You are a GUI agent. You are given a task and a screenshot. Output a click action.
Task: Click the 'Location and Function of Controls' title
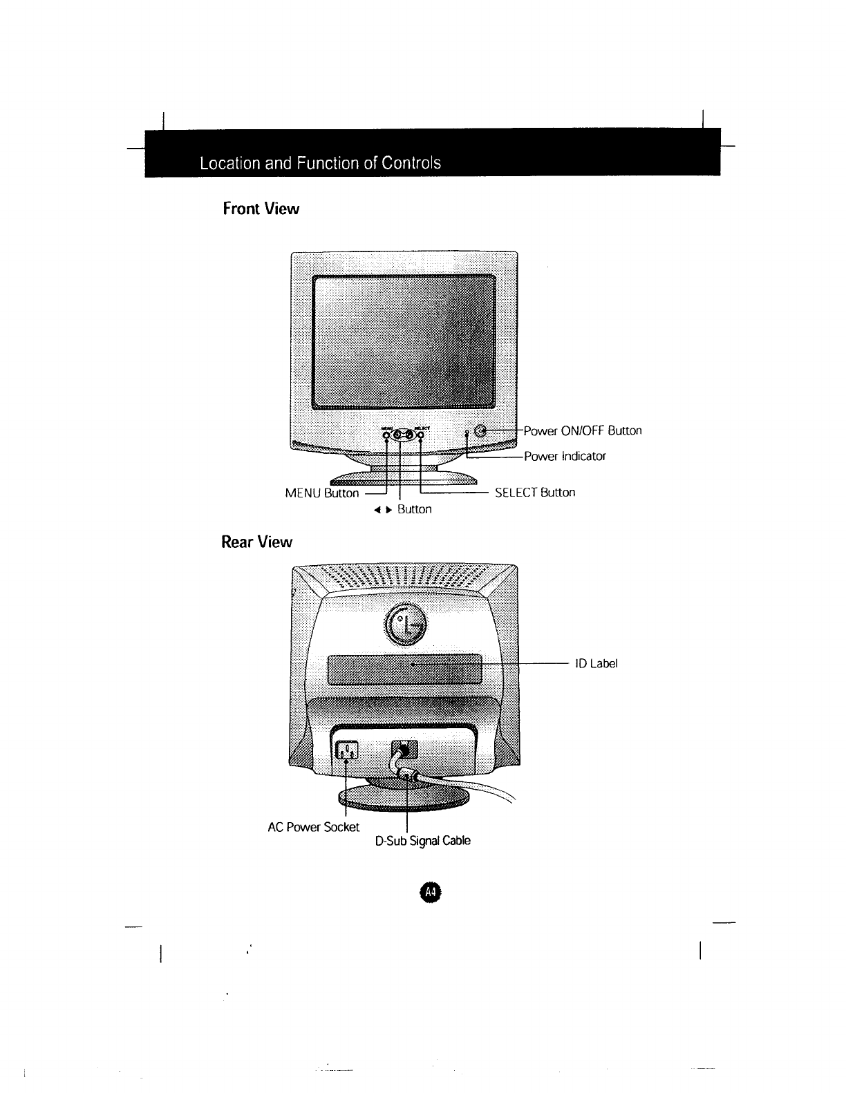tap(319, 164)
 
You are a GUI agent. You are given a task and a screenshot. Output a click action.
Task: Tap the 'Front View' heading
tap(261, 209)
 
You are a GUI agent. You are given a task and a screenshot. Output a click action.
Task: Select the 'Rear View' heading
tap(256, 542)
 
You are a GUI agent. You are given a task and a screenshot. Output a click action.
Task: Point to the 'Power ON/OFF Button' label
tap(583, 431)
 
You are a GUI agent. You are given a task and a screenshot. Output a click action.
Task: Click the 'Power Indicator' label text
tap(565, 456)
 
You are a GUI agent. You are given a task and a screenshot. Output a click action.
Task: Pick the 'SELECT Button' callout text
tap(535, 493)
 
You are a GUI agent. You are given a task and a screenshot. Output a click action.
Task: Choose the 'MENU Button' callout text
tap(322, 493)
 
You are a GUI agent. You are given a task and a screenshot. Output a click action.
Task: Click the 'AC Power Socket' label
tap(313, 827)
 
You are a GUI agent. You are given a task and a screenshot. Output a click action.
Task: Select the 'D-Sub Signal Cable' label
tap(422, 841)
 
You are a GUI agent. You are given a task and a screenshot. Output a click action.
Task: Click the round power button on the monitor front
tap(482, 431)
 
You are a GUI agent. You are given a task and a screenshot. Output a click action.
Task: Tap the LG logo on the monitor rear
tap(406, 625)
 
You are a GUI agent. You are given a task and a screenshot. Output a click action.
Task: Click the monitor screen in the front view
tap(404, 341)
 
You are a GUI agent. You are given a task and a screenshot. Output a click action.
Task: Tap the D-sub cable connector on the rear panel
tap(404, 750)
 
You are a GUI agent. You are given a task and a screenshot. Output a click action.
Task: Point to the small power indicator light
tap(468, 434)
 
